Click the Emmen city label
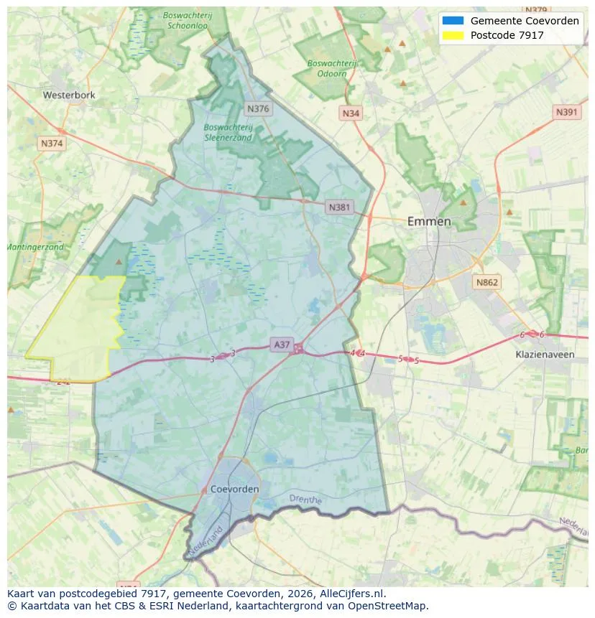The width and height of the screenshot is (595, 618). [429, 221]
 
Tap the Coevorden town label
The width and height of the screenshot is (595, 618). [235, 489]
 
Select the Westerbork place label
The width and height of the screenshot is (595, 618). [69, 95]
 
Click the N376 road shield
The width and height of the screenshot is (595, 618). [257, 108]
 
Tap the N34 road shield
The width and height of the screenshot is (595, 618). [351, 113]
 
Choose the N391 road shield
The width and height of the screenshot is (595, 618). [567, 113]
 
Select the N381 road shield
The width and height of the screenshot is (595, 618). [339, 207]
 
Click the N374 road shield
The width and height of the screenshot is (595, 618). [52, 144]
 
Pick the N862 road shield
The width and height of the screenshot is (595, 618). [486, 283]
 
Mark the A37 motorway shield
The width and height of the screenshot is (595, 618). [282, 345]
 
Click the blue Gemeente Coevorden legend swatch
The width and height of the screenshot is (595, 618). [453, 21]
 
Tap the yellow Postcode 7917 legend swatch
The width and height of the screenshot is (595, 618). [453, 34]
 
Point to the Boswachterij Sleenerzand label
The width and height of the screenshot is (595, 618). [228, 132]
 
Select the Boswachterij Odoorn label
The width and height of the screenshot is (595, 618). [332, 68]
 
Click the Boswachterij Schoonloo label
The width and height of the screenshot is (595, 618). [187, 19]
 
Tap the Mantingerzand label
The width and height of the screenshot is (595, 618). [36, 247]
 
